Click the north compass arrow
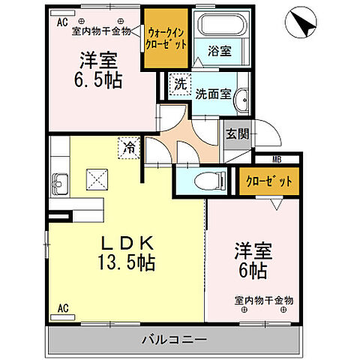(x=302, y=23)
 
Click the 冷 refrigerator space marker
(x=129, y=148)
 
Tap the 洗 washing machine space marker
(x=180, y=85)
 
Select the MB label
(x=277, y=158)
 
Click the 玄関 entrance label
(x=238, y=134)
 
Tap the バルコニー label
(x=174, y=340)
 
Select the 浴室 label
(x=220, y=52)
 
